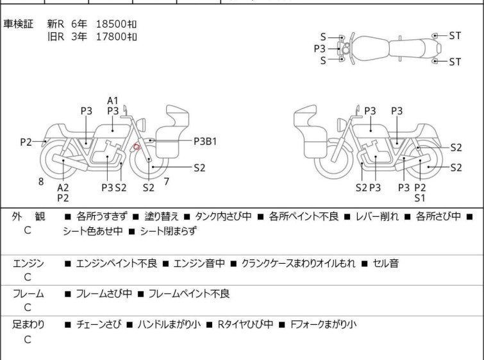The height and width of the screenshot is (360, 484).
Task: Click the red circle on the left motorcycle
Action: (x=137, y=148)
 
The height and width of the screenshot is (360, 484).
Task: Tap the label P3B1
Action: (x=204, y=140)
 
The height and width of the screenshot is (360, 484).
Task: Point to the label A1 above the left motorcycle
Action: (x=113, y=100)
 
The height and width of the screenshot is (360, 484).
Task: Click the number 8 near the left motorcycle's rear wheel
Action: (x=41, y=182)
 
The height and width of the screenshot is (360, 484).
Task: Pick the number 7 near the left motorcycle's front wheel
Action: (x=166, y=182)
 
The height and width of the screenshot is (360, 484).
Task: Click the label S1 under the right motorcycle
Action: (x=420, y=198)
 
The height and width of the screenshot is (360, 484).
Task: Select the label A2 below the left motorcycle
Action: (x=63, y=187)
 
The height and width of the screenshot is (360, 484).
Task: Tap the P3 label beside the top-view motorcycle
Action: (x=319, y=48)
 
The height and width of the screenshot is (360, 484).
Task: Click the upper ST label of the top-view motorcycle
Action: (x=455, y=36)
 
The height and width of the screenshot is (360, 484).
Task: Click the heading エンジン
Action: (x=28, y=263)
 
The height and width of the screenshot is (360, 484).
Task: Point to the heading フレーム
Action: (x=28, y=294)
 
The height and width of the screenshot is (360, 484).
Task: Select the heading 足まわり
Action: (x=28, y=325)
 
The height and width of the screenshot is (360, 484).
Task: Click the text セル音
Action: (x=386, y=263)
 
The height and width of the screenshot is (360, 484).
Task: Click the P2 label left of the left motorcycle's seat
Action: (x=26, y=142)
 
